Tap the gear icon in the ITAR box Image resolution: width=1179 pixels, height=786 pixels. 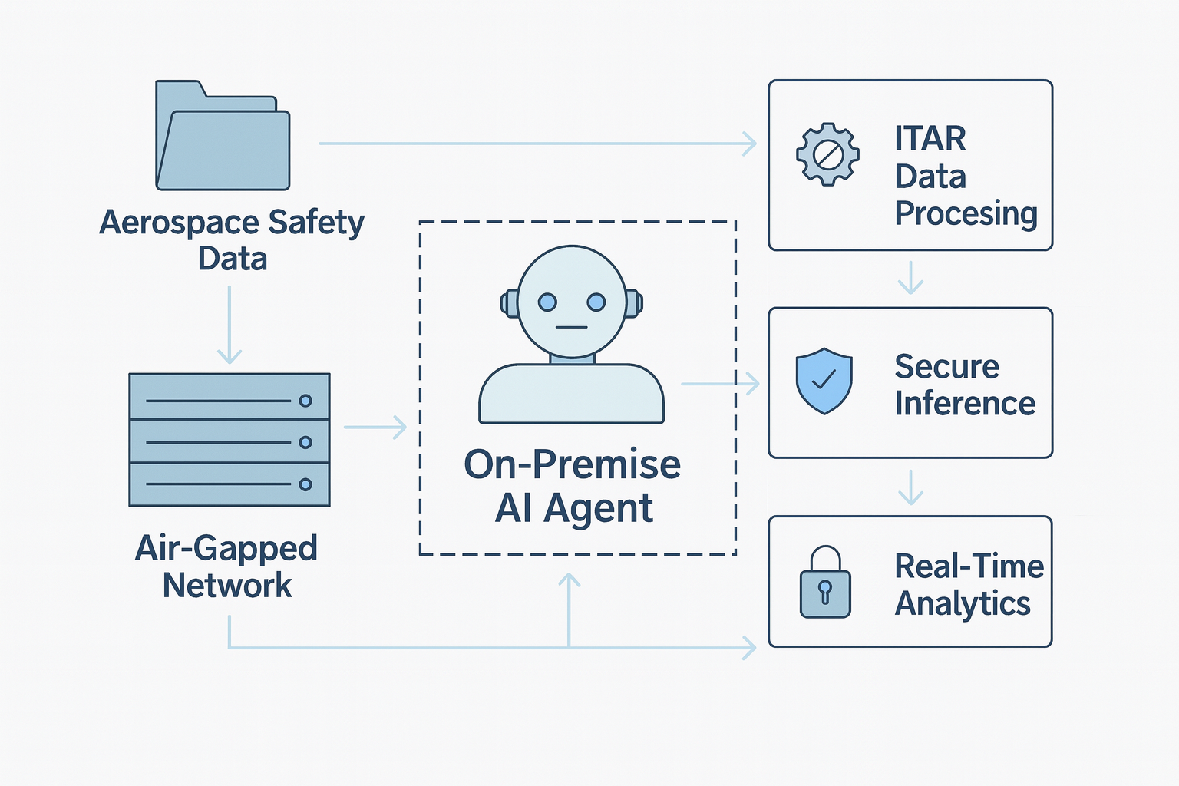click(x=827, y=154)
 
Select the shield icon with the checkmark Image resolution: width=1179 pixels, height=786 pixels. click(x=824, y=381)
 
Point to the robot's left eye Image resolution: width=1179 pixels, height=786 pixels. click(x=547, y=302)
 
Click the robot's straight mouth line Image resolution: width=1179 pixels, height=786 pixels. click(x=572, y=328)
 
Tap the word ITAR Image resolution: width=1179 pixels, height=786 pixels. click(x=930, y=139)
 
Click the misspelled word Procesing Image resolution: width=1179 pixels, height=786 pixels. click(x=966, y=213)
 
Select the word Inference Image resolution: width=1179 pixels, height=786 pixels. click(x=965, y=403)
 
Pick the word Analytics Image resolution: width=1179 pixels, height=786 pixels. click(x=963, y=603)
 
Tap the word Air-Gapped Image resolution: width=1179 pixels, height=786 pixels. click(x=226, y=548)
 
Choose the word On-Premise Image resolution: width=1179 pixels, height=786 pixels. click(x=572, y=464)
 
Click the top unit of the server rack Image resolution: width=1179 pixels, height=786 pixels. click(x=229, y=396)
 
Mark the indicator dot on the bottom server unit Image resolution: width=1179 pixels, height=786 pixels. click(x=305, y=484)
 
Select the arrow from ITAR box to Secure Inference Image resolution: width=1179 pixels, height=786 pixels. click(x=910, y=278)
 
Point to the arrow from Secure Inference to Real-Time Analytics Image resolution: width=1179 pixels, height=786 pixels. click(x=910, y=487)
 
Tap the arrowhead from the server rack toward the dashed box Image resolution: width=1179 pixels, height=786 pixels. click(x=399, y=427)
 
